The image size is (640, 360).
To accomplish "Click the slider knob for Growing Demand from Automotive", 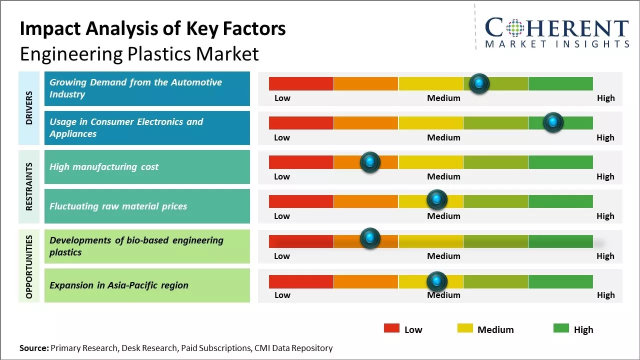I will click(479, 83).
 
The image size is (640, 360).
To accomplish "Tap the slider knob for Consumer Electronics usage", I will click(553, 122).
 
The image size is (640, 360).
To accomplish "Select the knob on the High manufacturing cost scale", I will click(370, 162).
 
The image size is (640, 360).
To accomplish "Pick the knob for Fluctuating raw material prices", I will click(437, 200).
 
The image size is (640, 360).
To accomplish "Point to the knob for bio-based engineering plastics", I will click(370, 238).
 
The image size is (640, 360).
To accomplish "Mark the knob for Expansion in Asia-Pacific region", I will click(437, 281).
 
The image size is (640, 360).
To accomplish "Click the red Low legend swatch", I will click(391, 328).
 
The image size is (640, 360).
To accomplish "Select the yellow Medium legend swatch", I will click(465, 328).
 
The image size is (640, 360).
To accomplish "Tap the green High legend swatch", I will click(561, 328).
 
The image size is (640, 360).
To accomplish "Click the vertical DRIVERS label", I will click(29, 108).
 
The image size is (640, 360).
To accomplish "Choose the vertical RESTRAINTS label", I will click(29, 186).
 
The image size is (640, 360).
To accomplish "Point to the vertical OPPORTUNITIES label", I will click(29, 266).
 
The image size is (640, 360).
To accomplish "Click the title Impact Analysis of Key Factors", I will click(152, 29).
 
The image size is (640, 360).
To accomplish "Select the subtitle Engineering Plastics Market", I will click(139, 53).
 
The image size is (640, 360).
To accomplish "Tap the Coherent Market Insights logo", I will click(556, 32).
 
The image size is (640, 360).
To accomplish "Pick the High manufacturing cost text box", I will click(147, 167).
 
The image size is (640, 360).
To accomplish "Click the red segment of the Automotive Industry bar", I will click(301, 83).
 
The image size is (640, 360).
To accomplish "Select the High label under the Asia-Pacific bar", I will click(605, 295).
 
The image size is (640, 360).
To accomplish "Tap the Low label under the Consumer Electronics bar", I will click(282, 137).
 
